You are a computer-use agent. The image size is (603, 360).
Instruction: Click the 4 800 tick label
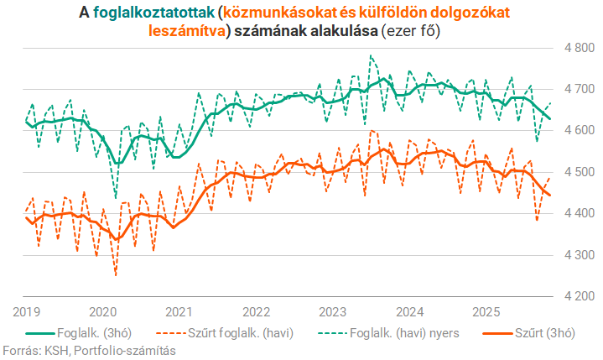coord(579,48)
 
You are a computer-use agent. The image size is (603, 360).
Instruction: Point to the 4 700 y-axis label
coord(579,89)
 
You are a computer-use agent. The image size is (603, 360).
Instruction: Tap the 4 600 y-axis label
coord(579,131)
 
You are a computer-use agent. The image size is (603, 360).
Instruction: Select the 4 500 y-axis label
coord(579,172)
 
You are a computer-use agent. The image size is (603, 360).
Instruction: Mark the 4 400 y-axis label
coord(579,214)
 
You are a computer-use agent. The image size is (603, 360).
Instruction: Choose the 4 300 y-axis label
coord(579,255)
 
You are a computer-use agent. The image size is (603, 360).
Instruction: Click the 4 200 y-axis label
coord(579,296)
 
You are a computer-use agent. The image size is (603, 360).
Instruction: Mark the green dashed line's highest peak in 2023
coord(371,56)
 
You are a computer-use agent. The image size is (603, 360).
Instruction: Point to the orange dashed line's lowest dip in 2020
coord(116,274)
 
